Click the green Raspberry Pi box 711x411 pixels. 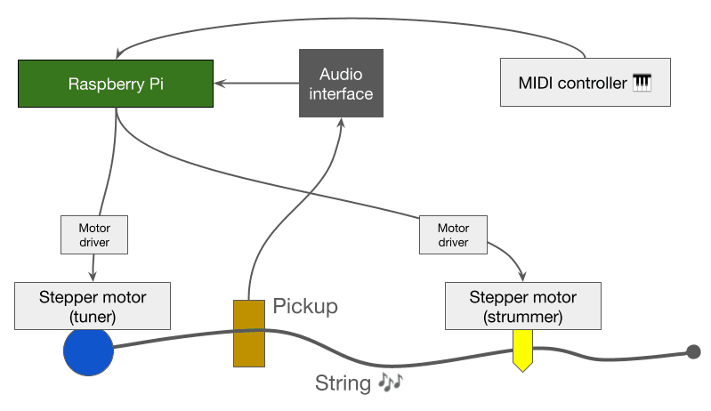(115, 85)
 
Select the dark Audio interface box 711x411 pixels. (341, 84)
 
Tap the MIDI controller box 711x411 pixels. (585, 84)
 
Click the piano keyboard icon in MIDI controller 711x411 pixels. (642, 84)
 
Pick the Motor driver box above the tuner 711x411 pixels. (93, 234)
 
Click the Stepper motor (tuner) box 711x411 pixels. (93, 304)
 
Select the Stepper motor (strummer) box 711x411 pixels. (522, 304)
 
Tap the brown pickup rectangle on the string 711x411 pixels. (249, 334)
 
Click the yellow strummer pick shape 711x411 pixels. (522, 350)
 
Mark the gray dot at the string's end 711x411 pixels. (693, 352)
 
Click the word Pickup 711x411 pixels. (305, 307)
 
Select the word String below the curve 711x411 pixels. (343, 383)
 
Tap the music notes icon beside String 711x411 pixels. (390, 382)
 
